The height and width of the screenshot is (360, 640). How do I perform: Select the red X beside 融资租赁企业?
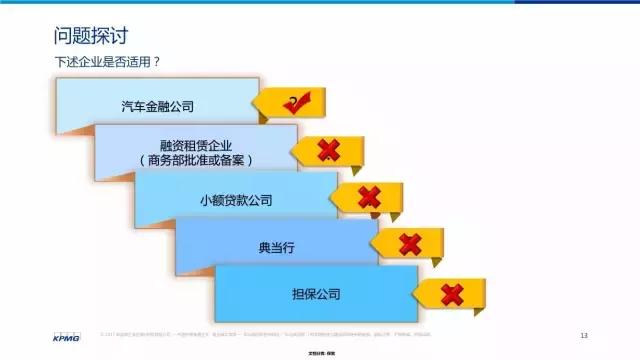[328, 150]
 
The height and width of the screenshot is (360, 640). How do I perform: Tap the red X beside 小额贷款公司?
[368, 197]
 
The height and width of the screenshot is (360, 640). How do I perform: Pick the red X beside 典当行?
[410, 243]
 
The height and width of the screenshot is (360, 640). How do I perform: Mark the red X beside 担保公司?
[452, 294]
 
